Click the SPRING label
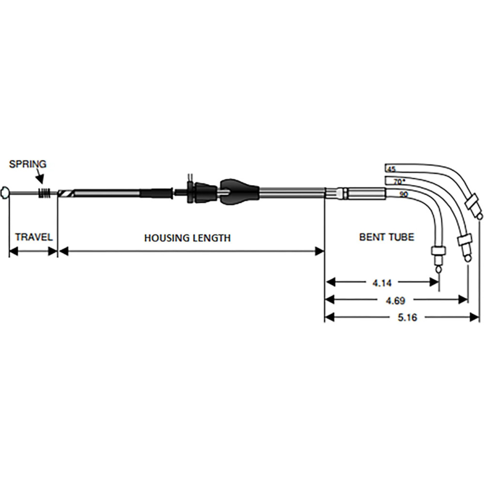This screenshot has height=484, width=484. pos(28,164)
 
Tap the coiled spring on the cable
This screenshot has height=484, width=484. pos(45,193)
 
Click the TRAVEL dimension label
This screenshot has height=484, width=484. pos(33,238)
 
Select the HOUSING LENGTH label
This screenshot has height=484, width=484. pos(187,238)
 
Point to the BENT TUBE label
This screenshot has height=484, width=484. pos(386,237)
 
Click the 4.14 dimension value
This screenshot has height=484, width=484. pos(382,281)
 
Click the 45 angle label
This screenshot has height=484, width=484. pos(391,169)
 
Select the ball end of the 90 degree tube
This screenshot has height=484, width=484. pos(439,269)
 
